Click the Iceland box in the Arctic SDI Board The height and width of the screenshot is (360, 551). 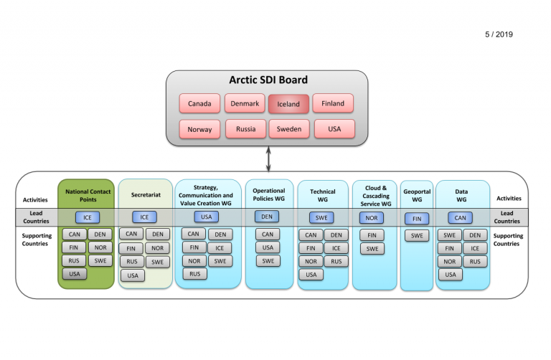pyautogui.click(x=288, y=104)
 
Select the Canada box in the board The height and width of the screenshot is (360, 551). pyautogui.click(x=199, y=103)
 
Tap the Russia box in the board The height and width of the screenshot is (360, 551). pyautogui.click(x=245, y=129)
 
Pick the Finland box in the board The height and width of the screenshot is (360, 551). pyautogui.click(x=333, y=103)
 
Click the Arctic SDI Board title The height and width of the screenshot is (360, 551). pyautogui.click(x=268, y=80)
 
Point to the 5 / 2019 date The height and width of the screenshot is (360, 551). pyautogui.click(x=499, y=34)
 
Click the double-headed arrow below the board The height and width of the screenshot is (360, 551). pyautogui.click(x=268, y=159)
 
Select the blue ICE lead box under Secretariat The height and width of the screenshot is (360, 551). pyautogui.click(x=144, y=217)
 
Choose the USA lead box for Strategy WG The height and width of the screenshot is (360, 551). pyautogui.click(x=207, y=217)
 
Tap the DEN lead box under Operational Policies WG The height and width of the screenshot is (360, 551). pyautogui.click(x=267, y=217)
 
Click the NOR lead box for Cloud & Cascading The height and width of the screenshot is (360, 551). pyautogui.click(x=372, y=218)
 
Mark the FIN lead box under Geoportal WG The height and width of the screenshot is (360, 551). pyautogui.click(x=417, y=219)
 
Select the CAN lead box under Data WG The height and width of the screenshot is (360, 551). pyautogui.click(x=460, y=218)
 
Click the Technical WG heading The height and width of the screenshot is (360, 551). pyautogui.click(x=323, y=196)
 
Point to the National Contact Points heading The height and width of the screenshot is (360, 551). pyautogui.click(x=88, y=196)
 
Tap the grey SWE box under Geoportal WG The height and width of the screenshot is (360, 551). pyautogui.click(x=417, y=235)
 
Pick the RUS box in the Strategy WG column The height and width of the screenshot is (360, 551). pyautogui.click(x=194, y=274)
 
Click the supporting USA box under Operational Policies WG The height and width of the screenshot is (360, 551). pyautogui.click(x=268, y=247)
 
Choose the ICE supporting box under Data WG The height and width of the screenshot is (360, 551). pyautogui.click(x=475, y=248)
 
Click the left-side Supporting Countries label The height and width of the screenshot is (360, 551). pyautogui.click(x=37, y=240)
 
